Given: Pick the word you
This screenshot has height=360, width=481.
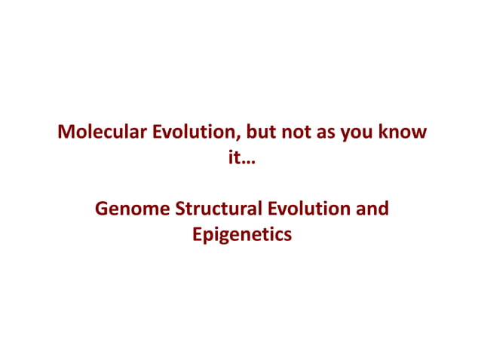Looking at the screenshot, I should coord(363,134).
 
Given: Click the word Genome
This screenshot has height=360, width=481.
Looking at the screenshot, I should coord(132,208).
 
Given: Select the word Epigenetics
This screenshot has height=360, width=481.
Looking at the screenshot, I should coord(240,235).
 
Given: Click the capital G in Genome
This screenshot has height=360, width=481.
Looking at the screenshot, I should coord(103,208).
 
